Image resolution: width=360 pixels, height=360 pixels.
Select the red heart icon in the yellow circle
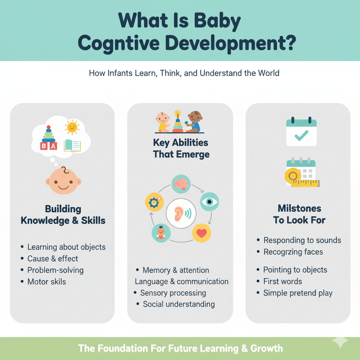(x=201, y=233)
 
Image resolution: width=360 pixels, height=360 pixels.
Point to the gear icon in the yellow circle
(x=154, y=202)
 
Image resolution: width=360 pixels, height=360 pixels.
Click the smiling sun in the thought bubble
(x=72, y=128)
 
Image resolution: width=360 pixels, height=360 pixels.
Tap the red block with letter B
(x=44, y=146)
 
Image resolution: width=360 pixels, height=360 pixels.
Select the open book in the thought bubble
(x=72, y=146)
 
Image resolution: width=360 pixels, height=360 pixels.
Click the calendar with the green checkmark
(x=301, y=133)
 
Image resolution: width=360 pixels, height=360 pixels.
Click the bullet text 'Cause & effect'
(x=53, y=258)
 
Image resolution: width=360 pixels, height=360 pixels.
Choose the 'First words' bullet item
(x=283, y=281)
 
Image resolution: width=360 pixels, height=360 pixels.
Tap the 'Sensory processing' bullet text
(x=173, y=293)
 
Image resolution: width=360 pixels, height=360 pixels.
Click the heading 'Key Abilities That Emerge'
(x=181, y=148)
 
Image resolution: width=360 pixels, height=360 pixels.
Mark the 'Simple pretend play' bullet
(x=298, y=293)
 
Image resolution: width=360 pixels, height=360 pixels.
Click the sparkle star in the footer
(x=340, y=342)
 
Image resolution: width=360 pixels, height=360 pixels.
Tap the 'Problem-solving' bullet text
(x=56, y=270)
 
